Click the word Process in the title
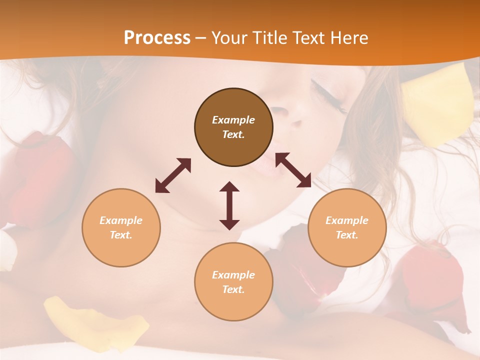(x=157, y=37)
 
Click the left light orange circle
(x=121, y=227)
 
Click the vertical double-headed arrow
(x=229, y=205)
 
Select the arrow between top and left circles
(x=173, y=175)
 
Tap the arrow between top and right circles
(x=293, y=170)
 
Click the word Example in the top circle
(x=233, y=120)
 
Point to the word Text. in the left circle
(x=121, y=235)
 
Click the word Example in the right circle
(x=347, y=220)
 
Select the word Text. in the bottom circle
(x=233, y=289)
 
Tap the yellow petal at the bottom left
(x=95, y=320)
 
